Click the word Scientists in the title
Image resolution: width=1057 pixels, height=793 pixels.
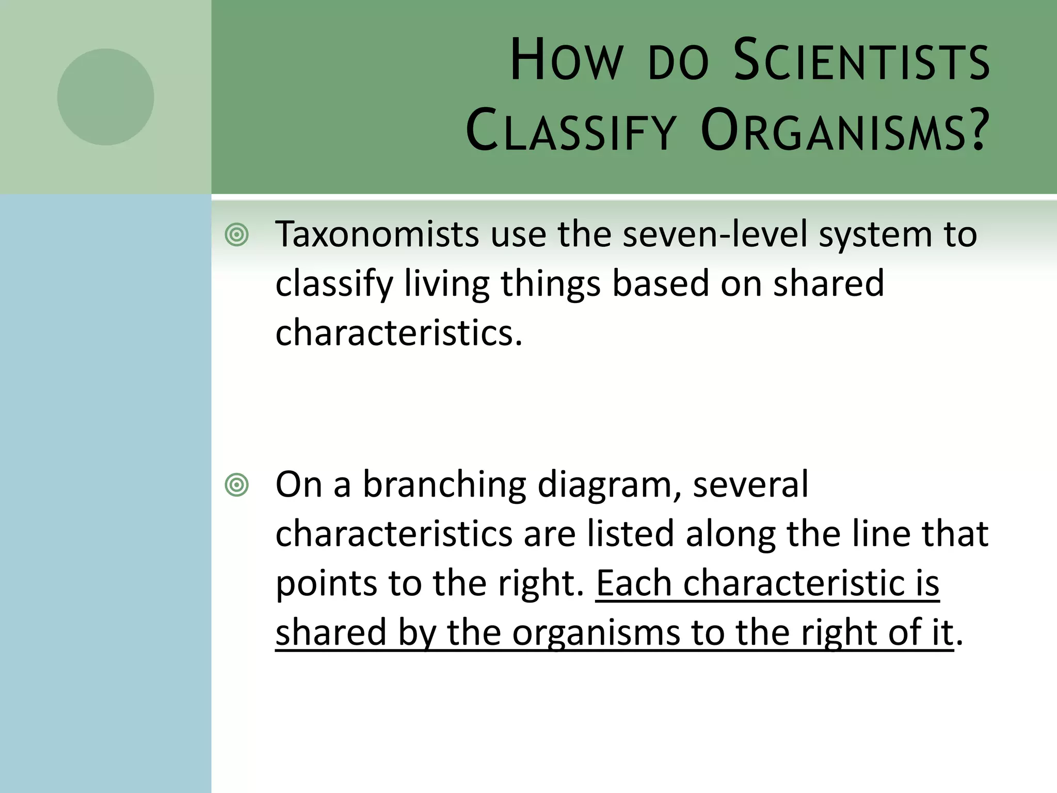861,61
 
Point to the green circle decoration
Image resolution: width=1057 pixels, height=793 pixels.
106,97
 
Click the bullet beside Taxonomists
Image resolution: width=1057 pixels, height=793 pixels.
237,235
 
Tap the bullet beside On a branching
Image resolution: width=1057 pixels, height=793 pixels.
237,485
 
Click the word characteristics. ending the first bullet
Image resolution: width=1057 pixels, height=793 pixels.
398,333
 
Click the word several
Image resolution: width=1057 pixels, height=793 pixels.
750,485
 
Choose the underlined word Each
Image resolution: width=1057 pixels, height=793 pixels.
634,583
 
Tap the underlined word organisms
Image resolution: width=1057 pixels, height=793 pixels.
596,633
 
